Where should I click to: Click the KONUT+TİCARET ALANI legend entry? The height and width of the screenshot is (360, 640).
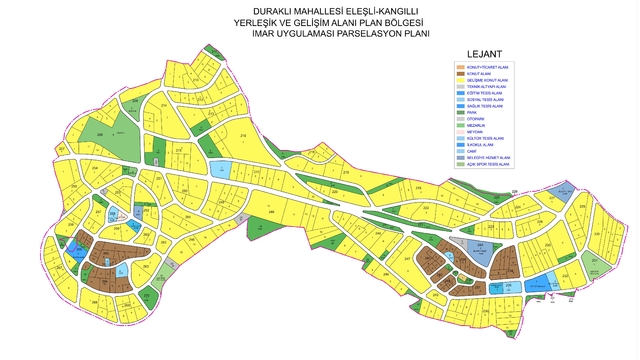(x=488, y=66)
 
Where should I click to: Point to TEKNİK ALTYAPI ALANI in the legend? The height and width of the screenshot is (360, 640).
(x=488, y=87)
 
